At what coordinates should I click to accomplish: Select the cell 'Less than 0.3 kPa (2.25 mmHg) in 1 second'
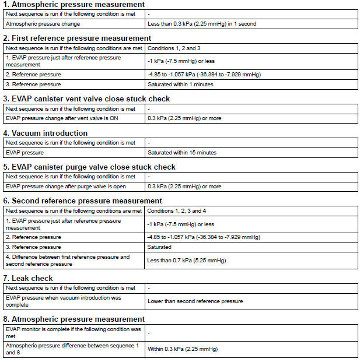pyautogui.click(x=201, y=24)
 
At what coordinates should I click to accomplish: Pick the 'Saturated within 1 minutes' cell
pyautogui.click(x=180, y=85)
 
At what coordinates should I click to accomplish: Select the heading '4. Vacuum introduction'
pyautogui.click(x=46, y=133)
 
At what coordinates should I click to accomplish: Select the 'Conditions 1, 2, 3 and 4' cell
pyautogui.click(x=178, y=210)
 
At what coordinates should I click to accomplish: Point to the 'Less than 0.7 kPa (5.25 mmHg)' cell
pyautogui.click(x=186, y=260)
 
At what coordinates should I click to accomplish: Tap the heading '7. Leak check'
pyautogui.click(x=28, y=278)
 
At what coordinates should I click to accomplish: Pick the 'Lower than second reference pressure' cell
pyautogui.click(x=195, y=301)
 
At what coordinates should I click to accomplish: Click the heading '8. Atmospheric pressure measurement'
pyautogui.click(x=75, y=319)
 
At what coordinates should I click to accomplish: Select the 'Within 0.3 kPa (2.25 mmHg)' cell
pyautogui.click(x=183, y=349)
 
